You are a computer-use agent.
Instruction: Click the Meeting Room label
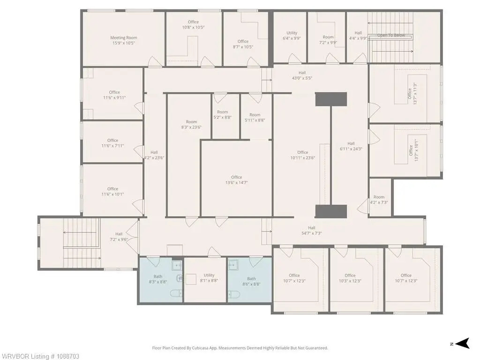pyautogui.click(x=124, y=40)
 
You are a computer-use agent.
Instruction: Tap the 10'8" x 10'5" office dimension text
pyautogui.click(x=193, y=27)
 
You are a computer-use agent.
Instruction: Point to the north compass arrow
pyautogui.click(x=462, y=343)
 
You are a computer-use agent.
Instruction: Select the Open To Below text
pyautogui.click(x=391, y=35)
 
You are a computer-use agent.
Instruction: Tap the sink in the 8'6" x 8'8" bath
pyautogui.click(x=233, y=264)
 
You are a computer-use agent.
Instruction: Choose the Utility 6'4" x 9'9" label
pyautogui.click(x=292, y=36)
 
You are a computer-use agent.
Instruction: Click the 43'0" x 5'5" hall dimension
pyautogui.click(x=302, y=78)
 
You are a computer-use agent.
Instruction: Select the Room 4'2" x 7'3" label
pyautogui.click(x=379, y=200)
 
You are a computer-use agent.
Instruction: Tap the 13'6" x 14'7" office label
pyautogui.click(x=236, y=180)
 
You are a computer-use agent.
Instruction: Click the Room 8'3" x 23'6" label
pyautogui.click(x=191, y=124)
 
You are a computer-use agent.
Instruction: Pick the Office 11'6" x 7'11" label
pyautogui.click(x=112, y=143)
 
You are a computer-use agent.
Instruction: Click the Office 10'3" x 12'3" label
pyautogui.click(x=350, y=278)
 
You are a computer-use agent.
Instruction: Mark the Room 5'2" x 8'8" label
pyautogui.click(x=223, y=114)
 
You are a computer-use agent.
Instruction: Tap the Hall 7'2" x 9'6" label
pyautogui.click(x=119, y=237)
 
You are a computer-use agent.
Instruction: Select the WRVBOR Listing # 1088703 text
pyautogui.click(x=40, y=356)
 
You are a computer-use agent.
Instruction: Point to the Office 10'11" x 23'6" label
pyautogui.click(x=303, y=155)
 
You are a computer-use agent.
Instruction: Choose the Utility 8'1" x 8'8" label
pyautogui.click(x=209, y=277)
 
